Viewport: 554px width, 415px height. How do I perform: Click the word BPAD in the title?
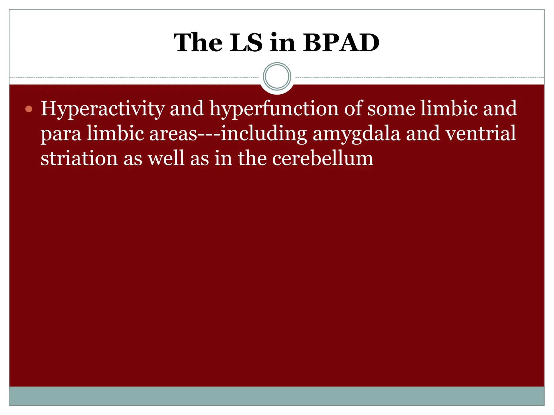click(341, 43)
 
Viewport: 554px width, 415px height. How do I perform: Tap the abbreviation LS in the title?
click(246, 43)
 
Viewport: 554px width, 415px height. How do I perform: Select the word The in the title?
click(198, 43)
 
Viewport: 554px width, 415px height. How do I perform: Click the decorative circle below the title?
click(277, 76)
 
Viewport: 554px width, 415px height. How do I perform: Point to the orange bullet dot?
click(29, 109)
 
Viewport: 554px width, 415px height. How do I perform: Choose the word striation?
click(79, 159)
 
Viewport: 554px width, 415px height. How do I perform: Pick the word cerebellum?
click(322, 159)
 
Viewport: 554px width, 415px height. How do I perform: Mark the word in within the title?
click(282, 43)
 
